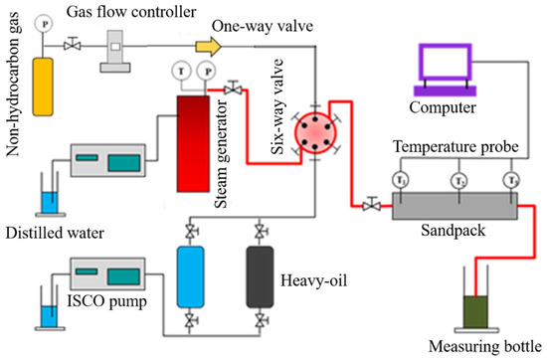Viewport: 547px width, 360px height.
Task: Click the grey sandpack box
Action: (x=455, y=207)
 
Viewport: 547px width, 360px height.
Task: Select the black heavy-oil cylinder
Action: (x=261, y=277)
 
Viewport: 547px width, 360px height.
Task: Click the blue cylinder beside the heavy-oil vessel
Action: (x=188, y=277)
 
